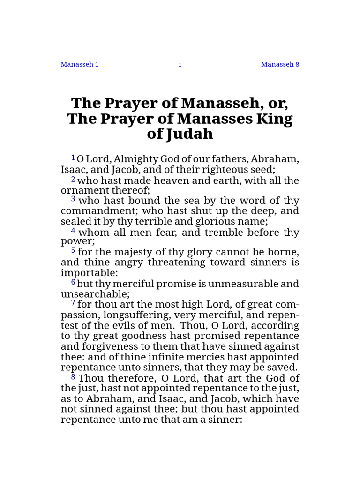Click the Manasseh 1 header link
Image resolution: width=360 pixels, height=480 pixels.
(79, 64)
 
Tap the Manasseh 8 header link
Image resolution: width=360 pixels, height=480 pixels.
(280, 64)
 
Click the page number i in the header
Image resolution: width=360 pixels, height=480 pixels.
(180, 64)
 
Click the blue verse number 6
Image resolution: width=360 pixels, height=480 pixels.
(73, 282)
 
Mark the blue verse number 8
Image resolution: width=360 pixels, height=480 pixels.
(73, 376)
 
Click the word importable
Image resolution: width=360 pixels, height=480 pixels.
(87, 273)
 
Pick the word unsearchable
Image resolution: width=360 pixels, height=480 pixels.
(94, 294)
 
